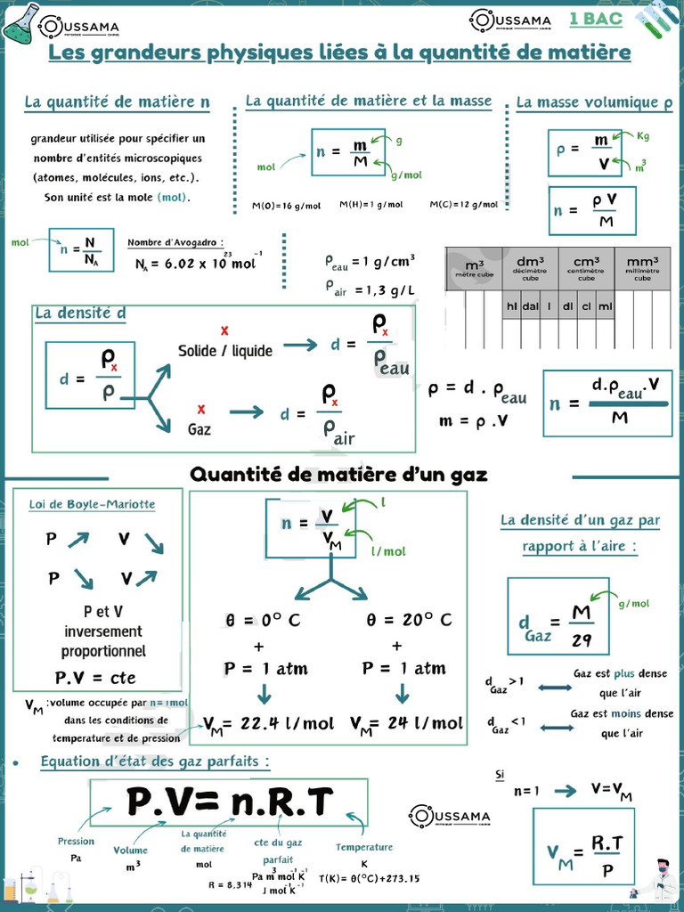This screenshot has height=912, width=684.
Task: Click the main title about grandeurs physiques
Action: (x=339, y=53)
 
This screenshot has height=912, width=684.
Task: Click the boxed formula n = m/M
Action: (x=347, y=151)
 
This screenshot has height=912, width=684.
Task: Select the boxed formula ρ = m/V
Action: (x=584, y=152)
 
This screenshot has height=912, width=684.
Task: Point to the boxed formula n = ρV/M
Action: (x=592, y=211)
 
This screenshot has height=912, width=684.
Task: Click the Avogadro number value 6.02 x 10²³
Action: (x=196, y=264)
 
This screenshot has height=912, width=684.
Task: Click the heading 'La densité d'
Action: (x=80, y=313)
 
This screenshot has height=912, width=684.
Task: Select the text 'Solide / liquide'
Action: (x=225, y=351)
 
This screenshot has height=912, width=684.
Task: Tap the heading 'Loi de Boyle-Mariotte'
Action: (x=92, y=504)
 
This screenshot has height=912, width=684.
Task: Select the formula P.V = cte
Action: (x=95, y=678)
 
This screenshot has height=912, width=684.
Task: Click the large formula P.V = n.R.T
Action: (x=229, y=802)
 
